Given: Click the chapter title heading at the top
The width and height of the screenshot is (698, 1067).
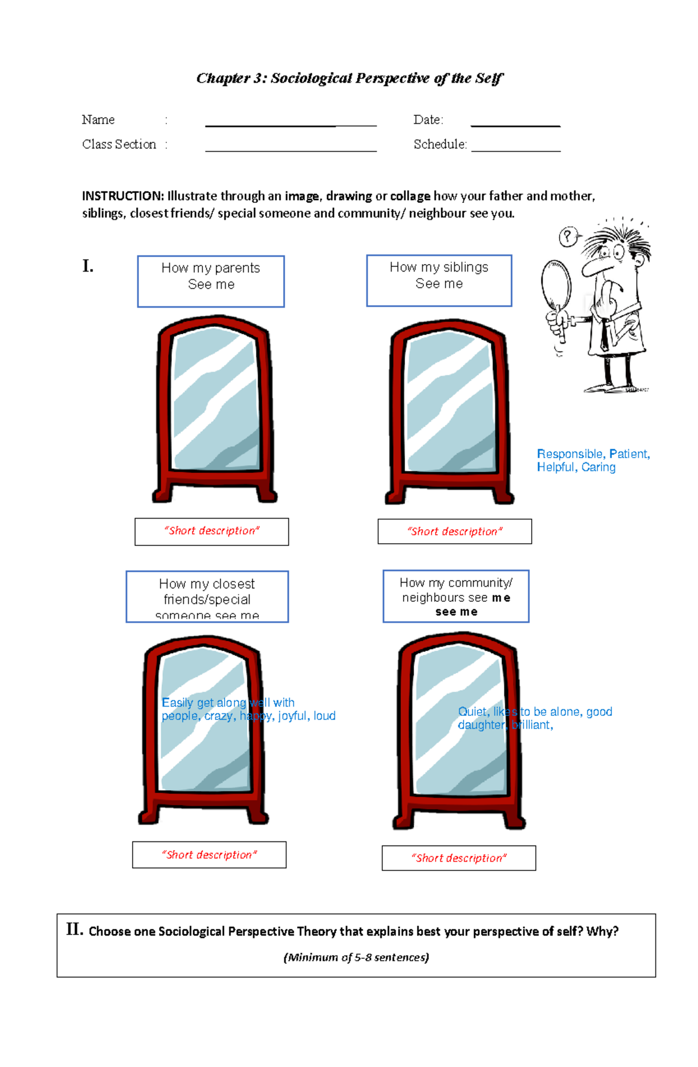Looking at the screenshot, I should point(349,78).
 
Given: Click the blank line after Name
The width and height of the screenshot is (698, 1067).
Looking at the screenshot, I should point(291,124).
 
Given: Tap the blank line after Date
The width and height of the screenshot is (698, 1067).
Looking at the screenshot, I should point(515,124).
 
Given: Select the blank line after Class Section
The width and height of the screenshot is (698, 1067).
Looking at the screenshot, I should point(291,149).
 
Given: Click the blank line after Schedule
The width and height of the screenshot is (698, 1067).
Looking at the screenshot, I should point(516,149).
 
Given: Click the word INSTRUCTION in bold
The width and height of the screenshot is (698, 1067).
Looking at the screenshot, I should point(123,196).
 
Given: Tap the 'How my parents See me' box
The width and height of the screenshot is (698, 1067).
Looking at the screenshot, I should point(211,281).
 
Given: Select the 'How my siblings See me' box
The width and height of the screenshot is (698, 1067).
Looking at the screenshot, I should point(439,280).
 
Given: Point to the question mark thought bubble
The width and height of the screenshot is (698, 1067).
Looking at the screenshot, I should point(568,237).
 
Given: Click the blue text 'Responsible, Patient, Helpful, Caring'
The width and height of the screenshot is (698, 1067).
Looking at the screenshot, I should point(593,461).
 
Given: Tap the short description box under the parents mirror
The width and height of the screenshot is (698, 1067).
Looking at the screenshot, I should point(212,531).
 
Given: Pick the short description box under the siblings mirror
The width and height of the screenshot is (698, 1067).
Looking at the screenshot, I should point(454,531).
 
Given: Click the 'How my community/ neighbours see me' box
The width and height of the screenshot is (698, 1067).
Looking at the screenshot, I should point(456,597).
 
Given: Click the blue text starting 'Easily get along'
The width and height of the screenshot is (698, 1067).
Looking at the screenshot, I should point(248,709).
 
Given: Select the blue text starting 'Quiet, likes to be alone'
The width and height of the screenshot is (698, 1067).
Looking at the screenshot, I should point(534,718).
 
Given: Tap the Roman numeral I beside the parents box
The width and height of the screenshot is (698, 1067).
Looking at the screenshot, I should point(88,266).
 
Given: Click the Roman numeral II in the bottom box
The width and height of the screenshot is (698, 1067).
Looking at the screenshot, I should point(74,929).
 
